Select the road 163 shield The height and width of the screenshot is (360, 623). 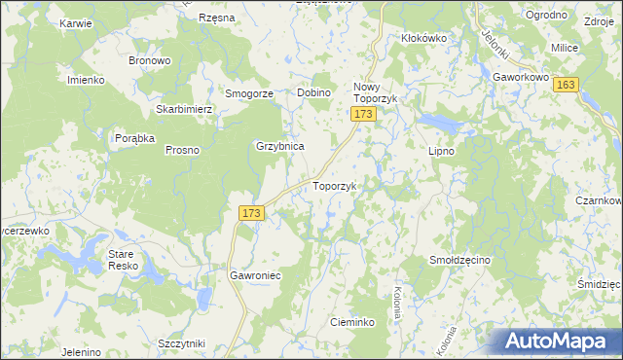(x=567, y=86)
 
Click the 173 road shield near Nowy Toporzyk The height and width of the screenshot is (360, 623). (x=363, y=115)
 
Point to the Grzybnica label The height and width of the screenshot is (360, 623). (x=280, y=146)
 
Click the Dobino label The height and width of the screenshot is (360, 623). (x=314, y=92)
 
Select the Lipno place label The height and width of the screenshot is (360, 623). (x=442, y=152)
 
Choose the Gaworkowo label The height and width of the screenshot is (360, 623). (x=521, y=75)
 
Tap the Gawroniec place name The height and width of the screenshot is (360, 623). (x=255, y=275)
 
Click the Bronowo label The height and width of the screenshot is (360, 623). (x=150, y=60)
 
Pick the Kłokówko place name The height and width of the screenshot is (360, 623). (x=423, y=38)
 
